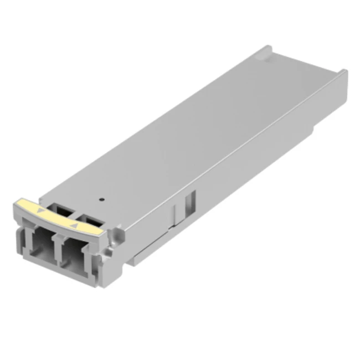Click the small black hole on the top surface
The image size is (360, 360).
coord(101,198)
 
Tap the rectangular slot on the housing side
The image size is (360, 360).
coord(192,202)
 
